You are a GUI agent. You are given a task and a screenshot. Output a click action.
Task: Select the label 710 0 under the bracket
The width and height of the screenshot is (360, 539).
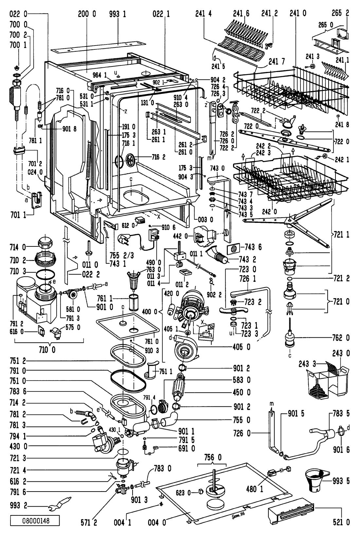49,350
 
